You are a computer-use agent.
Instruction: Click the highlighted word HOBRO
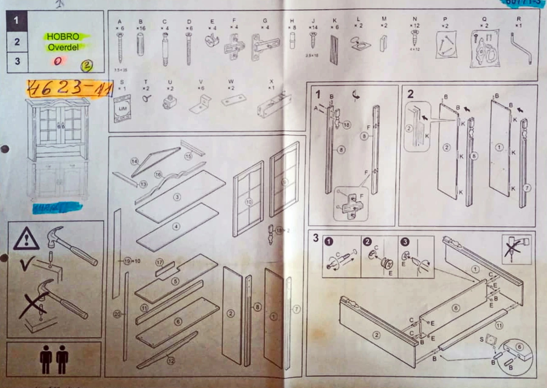pos(63,37)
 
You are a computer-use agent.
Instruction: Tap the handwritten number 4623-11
pos(69,88)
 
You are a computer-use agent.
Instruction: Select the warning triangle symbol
pos(26,239)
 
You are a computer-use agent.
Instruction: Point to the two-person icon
pos(54,359)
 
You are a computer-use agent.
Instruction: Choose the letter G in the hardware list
pos(265,21)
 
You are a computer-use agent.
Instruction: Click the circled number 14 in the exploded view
pos(134,161)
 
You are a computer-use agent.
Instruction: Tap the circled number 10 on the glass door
pos(249,202)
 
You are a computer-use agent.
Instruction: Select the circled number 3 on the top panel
pos(177,197)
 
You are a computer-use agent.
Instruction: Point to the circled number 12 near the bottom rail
pos(171,361)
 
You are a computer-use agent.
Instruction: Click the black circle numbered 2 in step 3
pos(367,242)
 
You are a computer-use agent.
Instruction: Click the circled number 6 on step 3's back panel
pos(456,308)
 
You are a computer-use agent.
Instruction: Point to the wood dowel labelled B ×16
pos(140,45)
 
